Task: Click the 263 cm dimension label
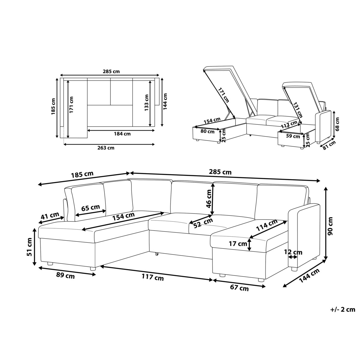point(106,148)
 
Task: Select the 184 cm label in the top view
point(122,134)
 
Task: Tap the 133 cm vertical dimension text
point(146,103)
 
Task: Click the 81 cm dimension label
point(329,145)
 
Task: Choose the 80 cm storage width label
point(207,131)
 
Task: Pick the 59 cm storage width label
point(293,136)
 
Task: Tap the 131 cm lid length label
point(297,110)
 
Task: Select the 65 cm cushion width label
point(91,208)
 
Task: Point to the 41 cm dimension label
point(50,216)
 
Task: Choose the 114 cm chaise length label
point(267,225)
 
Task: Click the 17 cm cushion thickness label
point(238,244)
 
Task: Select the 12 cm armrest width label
point(293,252)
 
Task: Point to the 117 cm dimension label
point(153,277)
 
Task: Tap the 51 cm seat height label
point(29,247)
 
